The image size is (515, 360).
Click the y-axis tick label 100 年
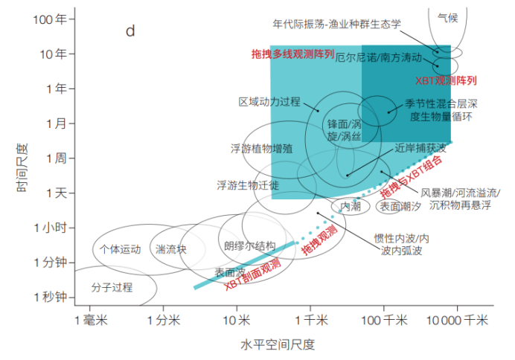[x=50, y=19]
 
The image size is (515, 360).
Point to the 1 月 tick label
[x=56, y=123]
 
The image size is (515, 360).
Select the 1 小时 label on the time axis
[x=51, y=228]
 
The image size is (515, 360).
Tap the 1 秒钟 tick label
[x=51, y=297]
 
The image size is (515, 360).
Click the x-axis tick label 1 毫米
[x=91, y=320]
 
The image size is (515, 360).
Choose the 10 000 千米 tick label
[x=457, y=320]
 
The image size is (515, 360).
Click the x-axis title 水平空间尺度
[x=278, y=345]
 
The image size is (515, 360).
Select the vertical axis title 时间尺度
[x=22, y=167]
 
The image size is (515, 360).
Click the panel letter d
[x=130, y=31]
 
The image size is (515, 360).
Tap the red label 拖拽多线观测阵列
[x=292, y=54]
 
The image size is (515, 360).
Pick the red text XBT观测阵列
[x=446, y=80]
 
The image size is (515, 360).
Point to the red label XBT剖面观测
[x=252, y=274]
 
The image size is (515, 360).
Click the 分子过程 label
[x=112, y=287]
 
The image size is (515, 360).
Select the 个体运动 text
[x=121, y=249]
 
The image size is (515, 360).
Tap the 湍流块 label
[x=170, y=249]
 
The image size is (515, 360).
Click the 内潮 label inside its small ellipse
[x=351, y=207]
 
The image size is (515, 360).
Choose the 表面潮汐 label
[x=400, y=207]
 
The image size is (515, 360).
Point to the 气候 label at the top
[x=448, y=18]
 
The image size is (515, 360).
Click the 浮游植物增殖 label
[x=261, y=149]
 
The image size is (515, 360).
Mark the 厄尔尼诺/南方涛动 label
[x=378, y=57]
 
